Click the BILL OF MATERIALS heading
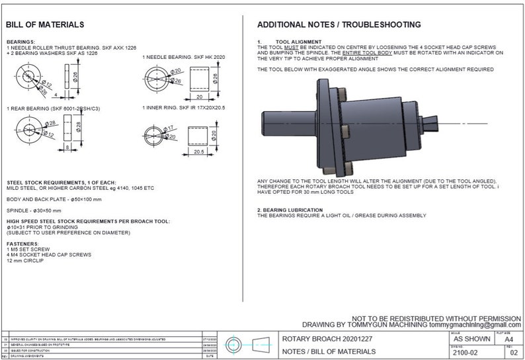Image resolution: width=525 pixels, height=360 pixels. click(x=45, y=24)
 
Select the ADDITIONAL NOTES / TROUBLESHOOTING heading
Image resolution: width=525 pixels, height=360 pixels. click(x=339, y=24)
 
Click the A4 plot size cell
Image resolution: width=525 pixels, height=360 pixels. click(x=508, y=339)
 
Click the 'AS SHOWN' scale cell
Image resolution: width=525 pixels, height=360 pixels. click(x=466, y=338)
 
